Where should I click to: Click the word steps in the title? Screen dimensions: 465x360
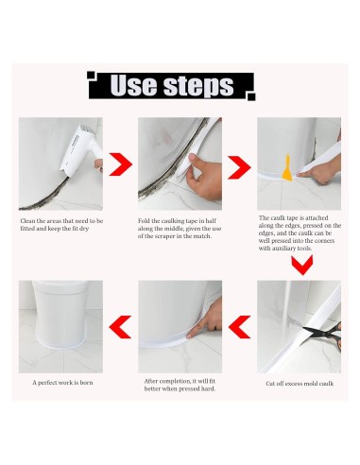coord(197,86)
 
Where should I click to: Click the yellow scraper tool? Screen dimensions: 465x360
coord(285,172)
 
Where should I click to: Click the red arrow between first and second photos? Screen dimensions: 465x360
coord(120,165)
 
